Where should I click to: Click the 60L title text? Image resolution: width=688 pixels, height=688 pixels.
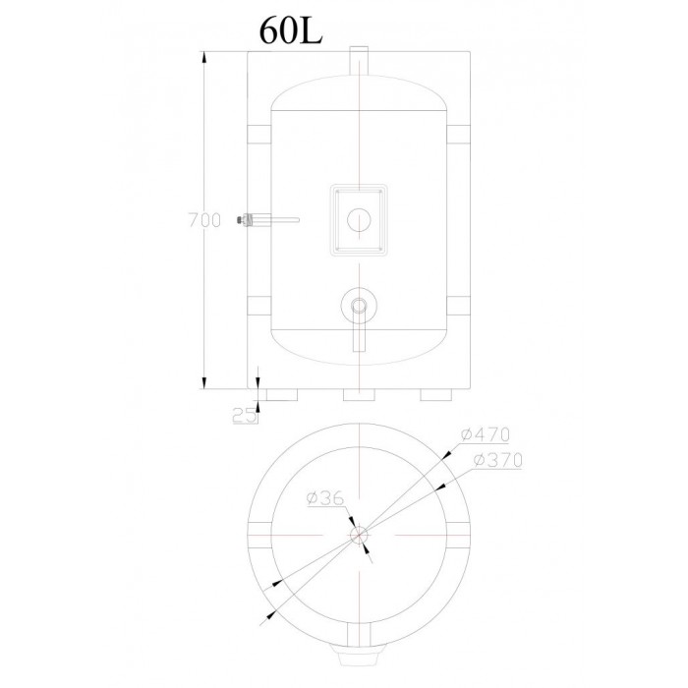point(291,31)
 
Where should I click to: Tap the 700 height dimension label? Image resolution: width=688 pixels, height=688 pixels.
point(204,220)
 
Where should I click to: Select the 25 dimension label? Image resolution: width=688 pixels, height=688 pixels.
point(244,415)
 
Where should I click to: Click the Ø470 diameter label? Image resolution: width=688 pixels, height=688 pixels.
point(486,434)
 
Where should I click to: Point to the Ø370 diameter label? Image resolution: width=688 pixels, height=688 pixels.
point(498,460)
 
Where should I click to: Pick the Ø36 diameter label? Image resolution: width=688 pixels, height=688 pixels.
point(326,498)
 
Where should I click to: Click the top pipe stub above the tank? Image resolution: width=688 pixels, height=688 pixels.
point(360,61)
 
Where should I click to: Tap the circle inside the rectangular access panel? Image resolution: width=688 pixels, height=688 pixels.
point(359,220)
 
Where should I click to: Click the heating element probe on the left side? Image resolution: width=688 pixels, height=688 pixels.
point(267,219)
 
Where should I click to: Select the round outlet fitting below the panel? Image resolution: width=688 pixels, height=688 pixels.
point(360,306)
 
